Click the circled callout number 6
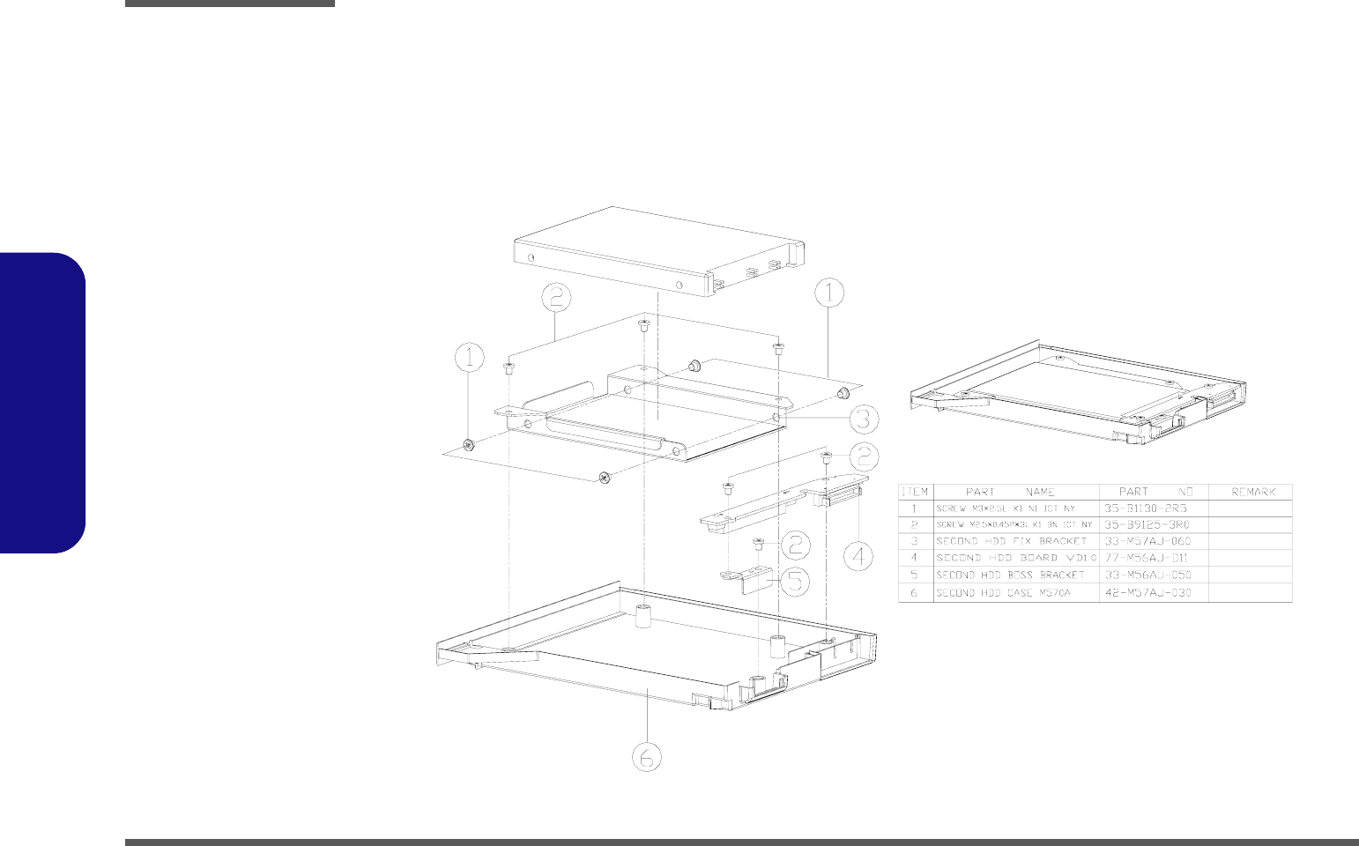point(647,756)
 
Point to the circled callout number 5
point(793,580)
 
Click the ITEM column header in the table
point(915,492)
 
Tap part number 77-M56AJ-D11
point(1147,558)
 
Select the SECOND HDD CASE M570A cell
point(1003,593)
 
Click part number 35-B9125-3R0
point(1147,524)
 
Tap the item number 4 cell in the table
point(915,558)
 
